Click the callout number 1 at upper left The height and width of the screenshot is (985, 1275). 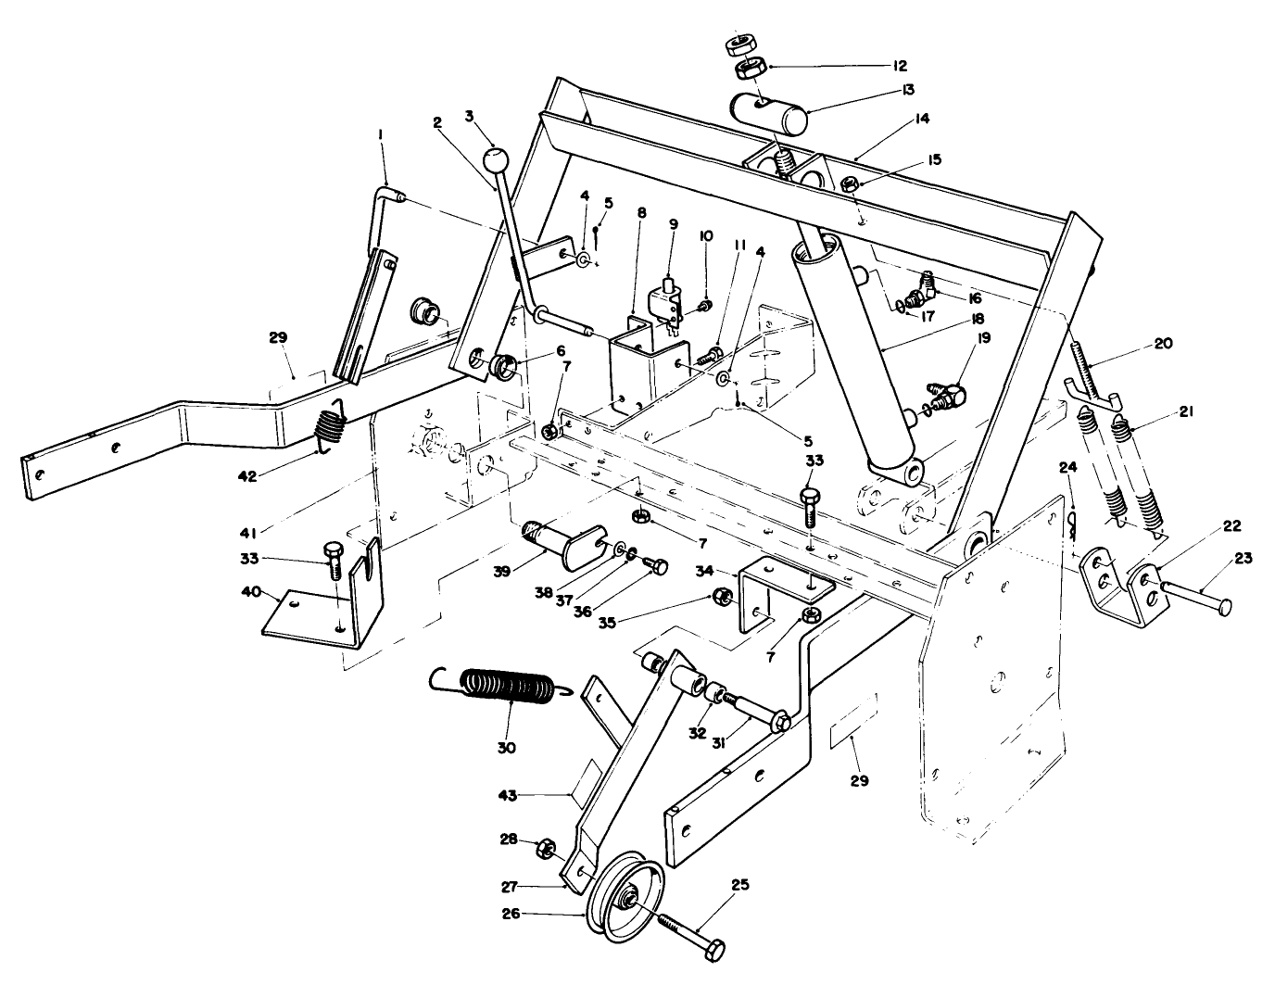(x=380, y=135)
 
